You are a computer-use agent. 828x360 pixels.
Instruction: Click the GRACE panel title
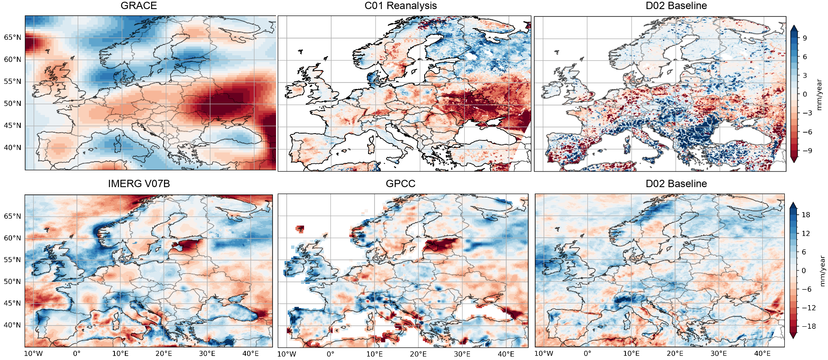(x=139, y=6)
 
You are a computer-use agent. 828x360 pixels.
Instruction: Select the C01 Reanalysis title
(x=400, y=6)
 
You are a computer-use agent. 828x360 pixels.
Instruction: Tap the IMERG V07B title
(x=139, y=184)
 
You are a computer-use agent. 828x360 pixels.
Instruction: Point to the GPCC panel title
(x=400, y=184)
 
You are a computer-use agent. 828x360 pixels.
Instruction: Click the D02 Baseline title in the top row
(x=676, y=6)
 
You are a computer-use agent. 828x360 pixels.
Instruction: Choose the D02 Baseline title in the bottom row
(x=676, y=184)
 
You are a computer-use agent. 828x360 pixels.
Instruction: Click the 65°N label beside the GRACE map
(x=13, y=38)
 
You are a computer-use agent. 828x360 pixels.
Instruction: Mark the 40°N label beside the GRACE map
(x=13, y=148)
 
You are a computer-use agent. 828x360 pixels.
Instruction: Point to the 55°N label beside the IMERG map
(x=12, y=260)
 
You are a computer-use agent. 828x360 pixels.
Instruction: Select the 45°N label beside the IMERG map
(x=12, y=303)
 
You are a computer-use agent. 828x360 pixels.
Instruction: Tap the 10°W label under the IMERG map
(x=33, y=354)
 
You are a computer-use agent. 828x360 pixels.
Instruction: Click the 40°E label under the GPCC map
(x=506, y=354)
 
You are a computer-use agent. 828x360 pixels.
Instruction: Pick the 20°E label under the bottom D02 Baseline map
(x=675, y=354)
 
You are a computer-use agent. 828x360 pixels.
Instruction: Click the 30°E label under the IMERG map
(x=207, y=354)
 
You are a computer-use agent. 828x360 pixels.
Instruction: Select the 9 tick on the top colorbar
(x=805, y=38)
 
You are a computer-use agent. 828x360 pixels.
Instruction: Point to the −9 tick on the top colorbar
(x=806, y=151)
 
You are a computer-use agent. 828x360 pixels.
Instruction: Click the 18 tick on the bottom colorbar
(x=806, y=215)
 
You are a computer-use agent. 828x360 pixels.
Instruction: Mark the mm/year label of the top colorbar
(x=819, y=94)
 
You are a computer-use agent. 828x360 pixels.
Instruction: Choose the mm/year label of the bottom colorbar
(x=822, y=271)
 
